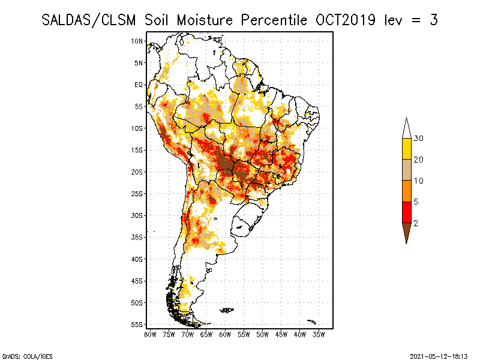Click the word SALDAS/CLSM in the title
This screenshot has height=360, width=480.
click(89, 20)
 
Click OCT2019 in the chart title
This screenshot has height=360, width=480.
click(346, 20)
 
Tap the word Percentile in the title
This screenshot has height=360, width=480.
click(274, 20)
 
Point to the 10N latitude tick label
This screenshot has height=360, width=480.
click(137, 41)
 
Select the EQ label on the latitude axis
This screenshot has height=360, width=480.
click(139, 85)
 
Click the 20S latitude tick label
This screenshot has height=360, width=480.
click(137, 172)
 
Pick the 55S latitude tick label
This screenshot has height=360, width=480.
click(137, 325)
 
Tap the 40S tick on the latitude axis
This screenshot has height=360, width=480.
click(137, 259)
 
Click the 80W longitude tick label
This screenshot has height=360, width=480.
click(150, 335)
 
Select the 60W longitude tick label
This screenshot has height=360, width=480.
click(225, 335)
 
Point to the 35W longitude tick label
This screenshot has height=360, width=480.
click(319, 335)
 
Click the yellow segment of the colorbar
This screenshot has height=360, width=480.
click(407, 149)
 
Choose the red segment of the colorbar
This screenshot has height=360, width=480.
click(407, 212)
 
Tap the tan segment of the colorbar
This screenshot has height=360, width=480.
click(407, 170)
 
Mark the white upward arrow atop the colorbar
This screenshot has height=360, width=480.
click(407, 128)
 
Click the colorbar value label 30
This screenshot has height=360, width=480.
click(418, 139)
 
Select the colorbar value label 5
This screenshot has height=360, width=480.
click(416, 202)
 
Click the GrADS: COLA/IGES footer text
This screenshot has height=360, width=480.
click(27, 356)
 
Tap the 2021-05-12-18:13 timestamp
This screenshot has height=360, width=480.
click(439, 356)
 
